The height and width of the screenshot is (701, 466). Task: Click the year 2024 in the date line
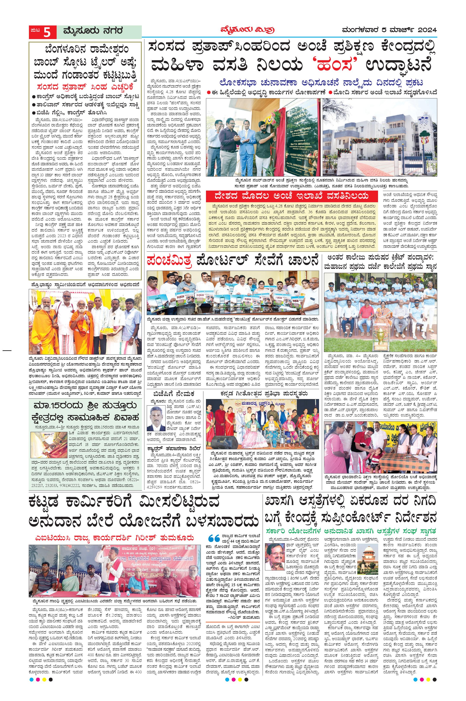427,30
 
